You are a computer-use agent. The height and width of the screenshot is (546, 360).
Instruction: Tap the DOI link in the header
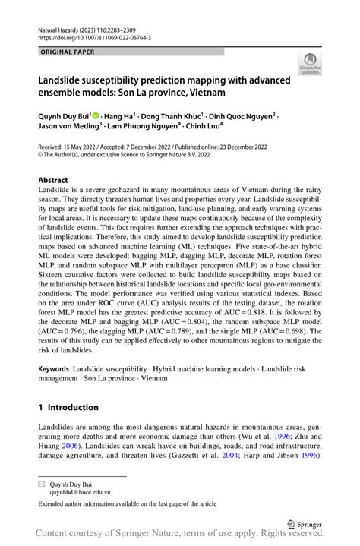pyautogui.click(x=94, y=36)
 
